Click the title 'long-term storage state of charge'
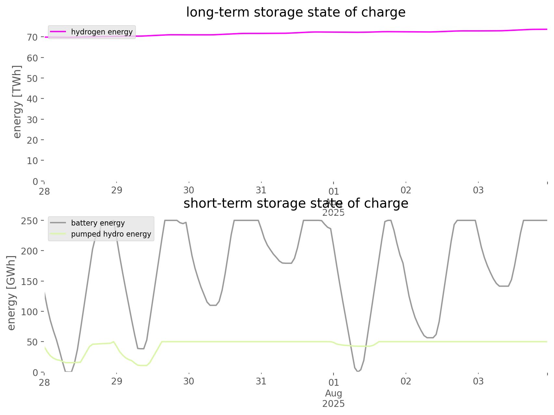click(296, 12)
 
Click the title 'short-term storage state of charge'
click(296, 203)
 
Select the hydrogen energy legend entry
click(101, 32)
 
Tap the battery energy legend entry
click(98, 223)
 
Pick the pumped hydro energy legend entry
click(111, 234)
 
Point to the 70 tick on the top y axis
click(32, 37)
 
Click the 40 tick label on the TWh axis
click(32, 99)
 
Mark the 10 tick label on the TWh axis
click(32, 161)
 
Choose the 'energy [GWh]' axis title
click(12, 293)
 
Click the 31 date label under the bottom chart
click(261, 381)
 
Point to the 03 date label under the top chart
click(478, 190)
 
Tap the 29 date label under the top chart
click(117, 190)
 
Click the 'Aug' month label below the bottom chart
click(334, 394)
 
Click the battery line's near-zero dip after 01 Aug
click(358, 371)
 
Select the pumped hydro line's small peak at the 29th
click(113, 342)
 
